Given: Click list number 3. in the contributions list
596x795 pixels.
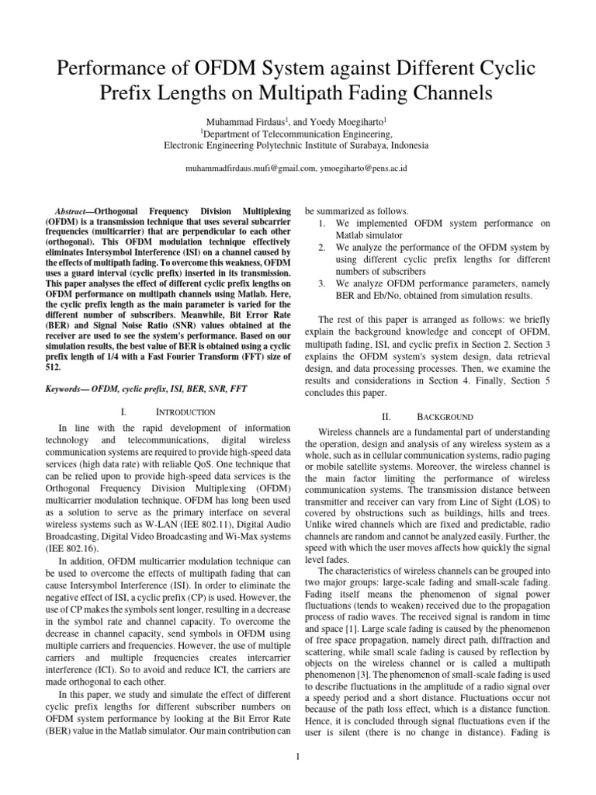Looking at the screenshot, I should click(322, 283).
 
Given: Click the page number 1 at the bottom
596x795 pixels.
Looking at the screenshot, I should click(298, 759).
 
